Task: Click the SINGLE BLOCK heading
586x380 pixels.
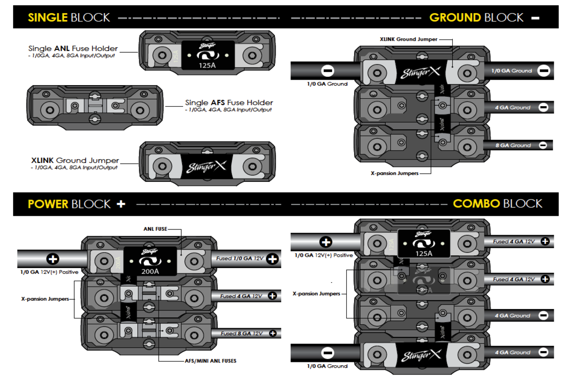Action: pyautogui.click(x=69, y=18)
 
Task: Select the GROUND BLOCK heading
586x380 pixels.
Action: pyautogui.click(x=477, y=18)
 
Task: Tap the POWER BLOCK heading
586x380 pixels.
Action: pyautogui.click(x=69, y=204)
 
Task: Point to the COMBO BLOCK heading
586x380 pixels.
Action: pyautogui.click(x=498, y=203)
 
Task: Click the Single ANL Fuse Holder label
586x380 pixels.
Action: pyautogui.click(x=73, y=48)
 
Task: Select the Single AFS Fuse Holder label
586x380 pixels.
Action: pyautogui.click(x=229, y=103)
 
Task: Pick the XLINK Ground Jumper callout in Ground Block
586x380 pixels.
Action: pyautogui.click(x=408, y=39)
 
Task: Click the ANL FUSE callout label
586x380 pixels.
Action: pyautogui.click(x=155, y=228)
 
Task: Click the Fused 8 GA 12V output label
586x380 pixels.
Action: pyautogui.click(x=241, y=334)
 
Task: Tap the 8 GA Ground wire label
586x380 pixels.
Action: pyautogui.click(x=513, y=145)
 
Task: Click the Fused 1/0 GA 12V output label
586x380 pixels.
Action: pyautogui.click(x=240, y=258)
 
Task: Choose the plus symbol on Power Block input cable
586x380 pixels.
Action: pyautogui.click(x=52, y=259)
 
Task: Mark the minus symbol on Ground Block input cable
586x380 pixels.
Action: pyautogui.click(x=328, y=71)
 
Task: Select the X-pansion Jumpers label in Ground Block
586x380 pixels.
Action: pyautogui.click(x=394, y=173)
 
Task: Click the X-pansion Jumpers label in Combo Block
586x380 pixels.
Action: pyautogui.click(x=316, y=294)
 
